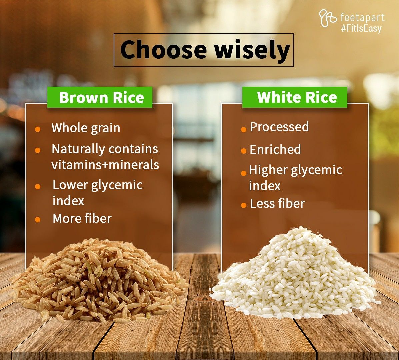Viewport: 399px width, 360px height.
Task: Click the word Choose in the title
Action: point(164,50)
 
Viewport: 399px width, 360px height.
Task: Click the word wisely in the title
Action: point(252,50)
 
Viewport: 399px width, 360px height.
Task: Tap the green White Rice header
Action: point(297,97)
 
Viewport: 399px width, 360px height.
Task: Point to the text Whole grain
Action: point(86,128)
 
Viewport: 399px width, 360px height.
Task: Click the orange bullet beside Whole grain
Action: point(38,129)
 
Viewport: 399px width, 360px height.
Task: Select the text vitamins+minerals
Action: point(105,165)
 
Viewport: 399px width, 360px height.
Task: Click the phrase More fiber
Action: point(82,219)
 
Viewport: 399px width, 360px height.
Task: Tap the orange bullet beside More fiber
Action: point(38,220)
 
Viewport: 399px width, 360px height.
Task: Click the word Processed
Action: point(279,127)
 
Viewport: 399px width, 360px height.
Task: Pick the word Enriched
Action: point(275,149)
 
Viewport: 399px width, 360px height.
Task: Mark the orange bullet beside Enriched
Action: point(244,151)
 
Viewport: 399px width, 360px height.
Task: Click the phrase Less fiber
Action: point(277,204)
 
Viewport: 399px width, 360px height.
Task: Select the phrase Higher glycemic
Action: point(295,170)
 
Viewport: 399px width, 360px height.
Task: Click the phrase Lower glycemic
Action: point(97,185)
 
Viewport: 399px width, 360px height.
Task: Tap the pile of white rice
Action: point(295,277)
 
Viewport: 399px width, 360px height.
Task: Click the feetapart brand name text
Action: point(362,17)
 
